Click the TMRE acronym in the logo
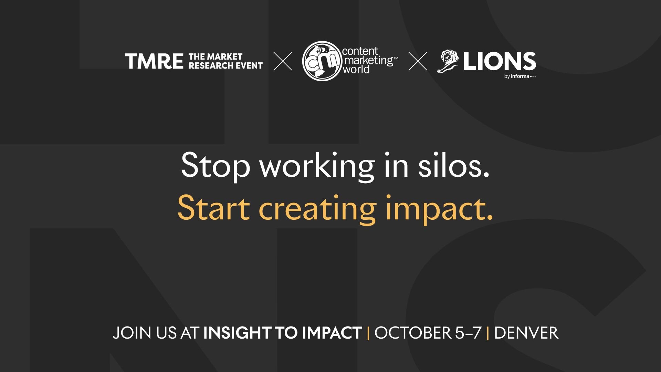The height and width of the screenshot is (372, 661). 154,61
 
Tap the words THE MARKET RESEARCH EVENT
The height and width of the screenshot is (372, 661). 225,61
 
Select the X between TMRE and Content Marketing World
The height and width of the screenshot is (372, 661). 283,61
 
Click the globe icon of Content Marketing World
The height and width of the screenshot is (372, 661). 322,61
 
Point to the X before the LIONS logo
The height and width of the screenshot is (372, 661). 418,61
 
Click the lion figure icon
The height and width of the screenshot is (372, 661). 448,61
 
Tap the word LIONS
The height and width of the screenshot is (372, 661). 500,61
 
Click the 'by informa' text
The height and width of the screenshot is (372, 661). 520,76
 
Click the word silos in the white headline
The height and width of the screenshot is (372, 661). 454,165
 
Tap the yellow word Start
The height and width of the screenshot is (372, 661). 213,208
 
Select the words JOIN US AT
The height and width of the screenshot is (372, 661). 156,333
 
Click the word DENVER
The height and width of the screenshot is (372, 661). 526,333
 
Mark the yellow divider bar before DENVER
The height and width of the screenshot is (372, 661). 488,333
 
